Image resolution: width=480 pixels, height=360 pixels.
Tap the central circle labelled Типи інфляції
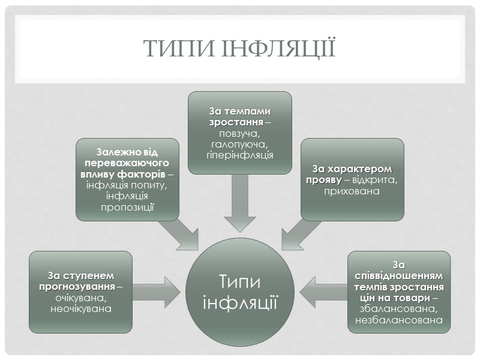pyautogui.click(x=240, y=290)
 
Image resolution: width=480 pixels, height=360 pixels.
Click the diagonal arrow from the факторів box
pyautogui.click(x=179, y=233)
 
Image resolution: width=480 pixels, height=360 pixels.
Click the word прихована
pyautogui.click(x=352, y=191)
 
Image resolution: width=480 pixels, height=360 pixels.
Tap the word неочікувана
pyautogui.click(x=81, y=308)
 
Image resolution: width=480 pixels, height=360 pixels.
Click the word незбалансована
pyautogui.click(x=399, y=320)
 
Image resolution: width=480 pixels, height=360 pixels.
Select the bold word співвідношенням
pyautogui.click(x=399, y=276)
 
